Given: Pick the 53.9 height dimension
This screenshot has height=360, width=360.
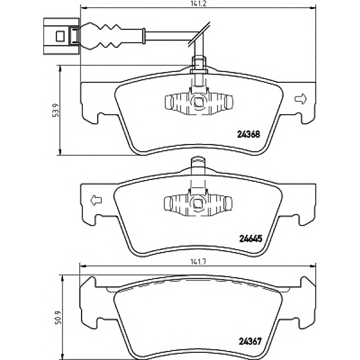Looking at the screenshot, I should point(55,111).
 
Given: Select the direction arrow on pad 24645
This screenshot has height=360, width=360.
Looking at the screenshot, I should point(95,200).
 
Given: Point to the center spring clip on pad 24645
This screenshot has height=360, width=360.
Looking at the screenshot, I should point(197,203).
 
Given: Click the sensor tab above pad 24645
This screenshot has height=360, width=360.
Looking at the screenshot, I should point(197,164).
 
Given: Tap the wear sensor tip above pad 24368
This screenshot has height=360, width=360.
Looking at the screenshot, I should point(197,62).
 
